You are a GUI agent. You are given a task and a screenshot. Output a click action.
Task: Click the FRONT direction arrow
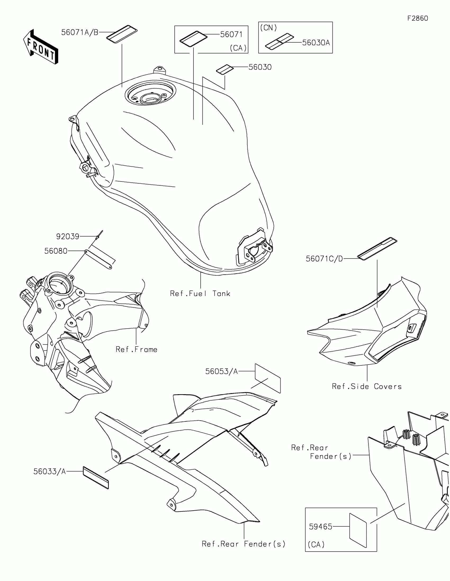(x=40, y=47)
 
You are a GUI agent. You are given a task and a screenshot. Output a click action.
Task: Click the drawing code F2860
(x=417, y=18)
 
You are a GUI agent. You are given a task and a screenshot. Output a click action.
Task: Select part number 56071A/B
(x=80, y=33)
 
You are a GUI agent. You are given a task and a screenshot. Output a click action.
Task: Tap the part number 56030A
(x=316, y=43)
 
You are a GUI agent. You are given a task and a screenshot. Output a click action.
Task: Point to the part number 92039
(x=67, y=236)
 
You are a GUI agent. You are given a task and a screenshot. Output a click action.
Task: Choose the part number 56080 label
(x=56, y=251)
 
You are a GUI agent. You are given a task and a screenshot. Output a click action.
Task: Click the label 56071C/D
(x=324, y=258)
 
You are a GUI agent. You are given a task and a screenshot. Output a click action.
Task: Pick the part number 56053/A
(x=221, y=372)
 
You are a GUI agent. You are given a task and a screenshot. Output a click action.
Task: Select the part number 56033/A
(x=49, y=472)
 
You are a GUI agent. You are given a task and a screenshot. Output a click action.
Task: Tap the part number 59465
(x=320, y=527)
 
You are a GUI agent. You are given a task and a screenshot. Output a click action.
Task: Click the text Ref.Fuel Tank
(x=200, y=294)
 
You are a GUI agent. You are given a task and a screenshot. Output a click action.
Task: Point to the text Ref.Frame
(x=136, y=349)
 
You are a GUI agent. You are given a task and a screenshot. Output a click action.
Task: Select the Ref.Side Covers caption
(x=366, y=387)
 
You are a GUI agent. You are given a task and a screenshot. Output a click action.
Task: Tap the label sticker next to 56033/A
(x=96, y=478)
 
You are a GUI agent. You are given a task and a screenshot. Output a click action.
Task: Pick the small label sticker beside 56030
(x=224, y=70)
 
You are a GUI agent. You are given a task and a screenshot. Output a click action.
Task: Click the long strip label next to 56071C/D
(x=377, y=248)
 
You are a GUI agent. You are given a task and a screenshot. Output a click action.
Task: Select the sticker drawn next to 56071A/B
(x=122, y=34)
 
